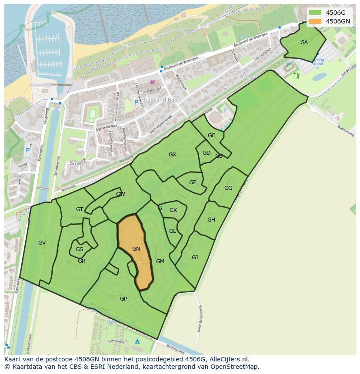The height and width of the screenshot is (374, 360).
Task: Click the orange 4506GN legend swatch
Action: tap(315, 21)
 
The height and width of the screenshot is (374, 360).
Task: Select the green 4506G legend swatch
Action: tap(315, 13)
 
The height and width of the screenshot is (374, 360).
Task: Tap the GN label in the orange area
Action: tap(136, 249)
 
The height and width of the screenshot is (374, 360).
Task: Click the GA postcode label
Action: tap(304, 43)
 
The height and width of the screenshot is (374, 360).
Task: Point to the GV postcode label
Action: tap(42, 243)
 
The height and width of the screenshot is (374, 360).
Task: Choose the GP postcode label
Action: tap(123, 299)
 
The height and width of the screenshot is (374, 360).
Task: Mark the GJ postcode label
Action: tap(195, 258)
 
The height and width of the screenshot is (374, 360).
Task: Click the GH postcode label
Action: tap(211, 220)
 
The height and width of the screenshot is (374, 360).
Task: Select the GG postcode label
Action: tap(228, 188)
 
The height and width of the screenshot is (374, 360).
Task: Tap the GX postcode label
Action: tap(173, 155)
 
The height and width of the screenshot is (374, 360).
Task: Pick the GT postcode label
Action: tap(80, 209)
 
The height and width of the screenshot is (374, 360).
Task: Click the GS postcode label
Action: tap(79, 249)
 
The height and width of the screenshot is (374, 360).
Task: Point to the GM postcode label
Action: tap(160, 261)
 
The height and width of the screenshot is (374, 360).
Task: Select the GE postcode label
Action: tap(193, 182)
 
